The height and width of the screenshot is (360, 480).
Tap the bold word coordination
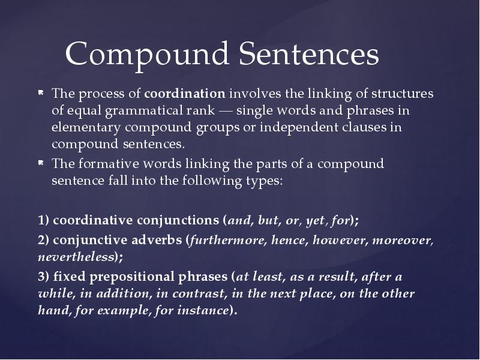click(x=185, y=94)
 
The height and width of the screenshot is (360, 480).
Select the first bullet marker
click(x=40, y=94)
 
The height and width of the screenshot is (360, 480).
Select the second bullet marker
click(x=40, y=163)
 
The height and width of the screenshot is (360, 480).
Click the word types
click(x=262, y=181)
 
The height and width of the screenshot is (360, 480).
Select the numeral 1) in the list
click(x=43, y=220)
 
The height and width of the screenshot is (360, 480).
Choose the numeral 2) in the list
click(x=43, y=240)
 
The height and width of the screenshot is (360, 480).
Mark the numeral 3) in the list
click(x=43, y=277)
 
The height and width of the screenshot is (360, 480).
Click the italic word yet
click(x=314, y=220)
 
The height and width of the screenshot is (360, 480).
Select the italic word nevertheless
click(x=76, y=257)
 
